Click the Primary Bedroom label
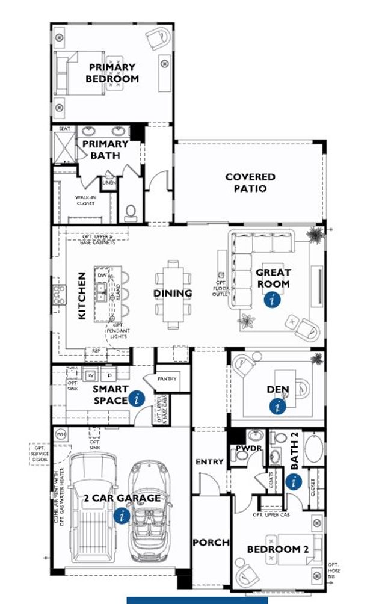[x=112, y=73]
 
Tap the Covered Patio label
[x=250, y=182]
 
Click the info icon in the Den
[x=277, y=407]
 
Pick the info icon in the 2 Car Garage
[x=122, y=515]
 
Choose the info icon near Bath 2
[x=294, y=481]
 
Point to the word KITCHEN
[x=82, y=295]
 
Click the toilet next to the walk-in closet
[x=131, y=212]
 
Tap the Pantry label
[x=166, y=380]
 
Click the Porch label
[x=211, y=543]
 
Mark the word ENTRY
[x=209, y=462]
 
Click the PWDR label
[x=243, y=448]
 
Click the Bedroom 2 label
[x=277, y=549]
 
